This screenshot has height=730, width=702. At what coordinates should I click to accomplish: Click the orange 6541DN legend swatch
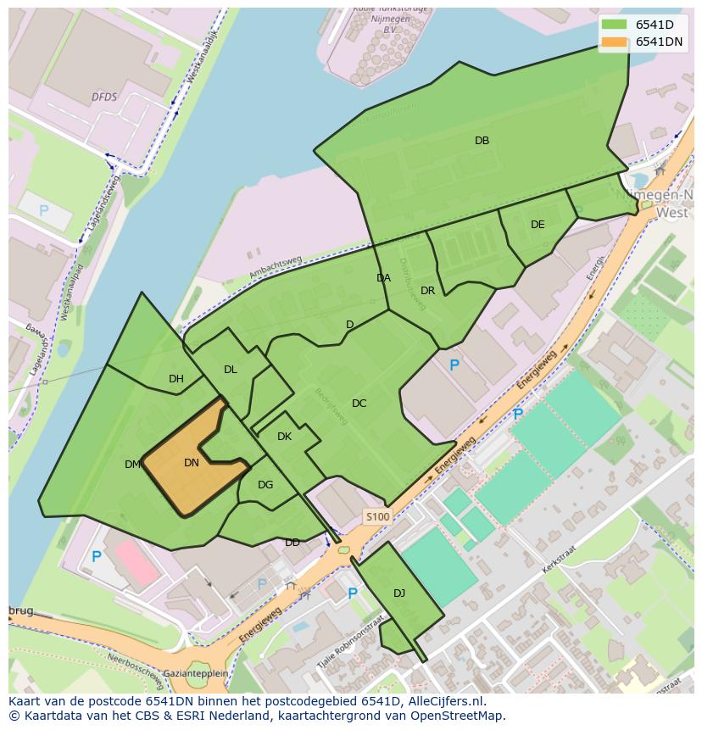click(x=615, y=42)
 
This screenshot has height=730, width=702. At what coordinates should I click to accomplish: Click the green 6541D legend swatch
click(x=615, y=25)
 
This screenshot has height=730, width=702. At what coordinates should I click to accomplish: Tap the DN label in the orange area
click(x=192, y=463)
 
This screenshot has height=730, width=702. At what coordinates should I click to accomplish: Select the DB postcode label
click(x=482, y=141)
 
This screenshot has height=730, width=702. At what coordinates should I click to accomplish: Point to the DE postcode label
click(x=538, y=225)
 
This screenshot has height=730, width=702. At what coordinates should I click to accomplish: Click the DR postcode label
click(x=427, y=291)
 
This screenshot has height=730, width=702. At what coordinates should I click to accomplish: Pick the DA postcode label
click(x=383, y=278)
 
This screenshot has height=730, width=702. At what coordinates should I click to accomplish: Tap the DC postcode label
click(x=359, y=404)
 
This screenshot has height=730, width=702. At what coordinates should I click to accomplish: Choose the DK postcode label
click(x=284, y=437)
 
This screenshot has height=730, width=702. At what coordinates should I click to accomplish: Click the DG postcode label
click(x=265, y=485)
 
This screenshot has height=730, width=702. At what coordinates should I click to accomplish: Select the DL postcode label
click(x=231, y=370)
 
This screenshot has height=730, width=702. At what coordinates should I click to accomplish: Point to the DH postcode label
click(x=176, y=379)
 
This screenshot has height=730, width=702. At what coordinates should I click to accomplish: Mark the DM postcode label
click(x=132, y=465)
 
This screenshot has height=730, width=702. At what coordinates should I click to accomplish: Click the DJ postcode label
click(x=399, y=593)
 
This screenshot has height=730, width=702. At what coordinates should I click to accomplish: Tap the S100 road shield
click(x=377, y=516)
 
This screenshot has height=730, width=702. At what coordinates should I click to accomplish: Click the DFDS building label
click(x=104, y=98)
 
